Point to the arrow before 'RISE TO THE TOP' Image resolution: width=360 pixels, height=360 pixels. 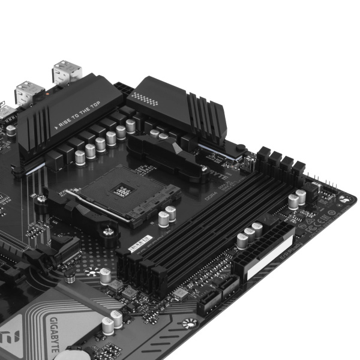(x=59, y=127)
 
